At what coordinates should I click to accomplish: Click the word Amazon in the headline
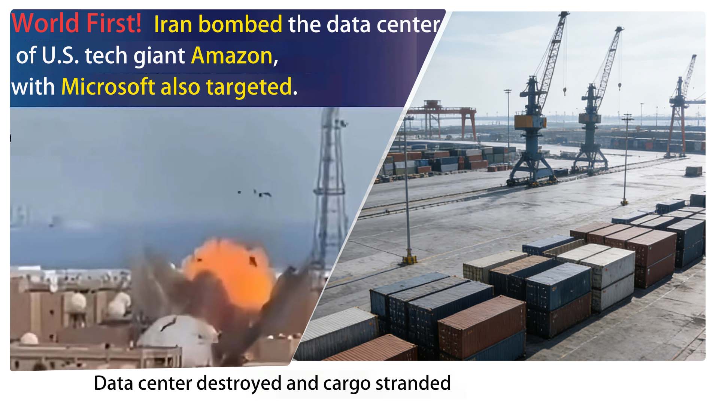[x=232, y=56]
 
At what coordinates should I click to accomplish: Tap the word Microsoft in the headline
[x=108, y=87]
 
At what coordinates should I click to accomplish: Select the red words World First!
[x=76, y=23]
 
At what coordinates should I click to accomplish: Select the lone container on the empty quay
[x=694, y=171]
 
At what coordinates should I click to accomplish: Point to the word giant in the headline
[x=160, y=56]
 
